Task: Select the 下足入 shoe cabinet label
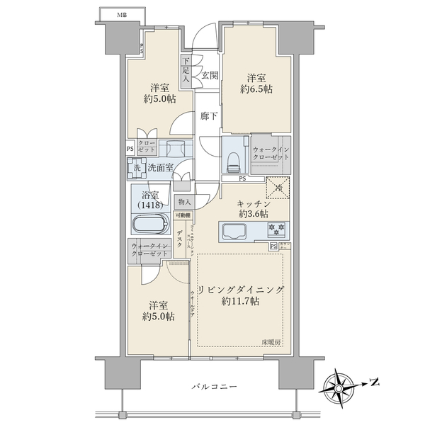186,70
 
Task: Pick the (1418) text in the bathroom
149,205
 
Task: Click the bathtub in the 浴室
150,225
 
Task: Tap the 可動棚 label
183,215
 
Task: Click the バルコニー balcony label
213,387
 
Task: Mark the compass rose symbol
340,385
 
